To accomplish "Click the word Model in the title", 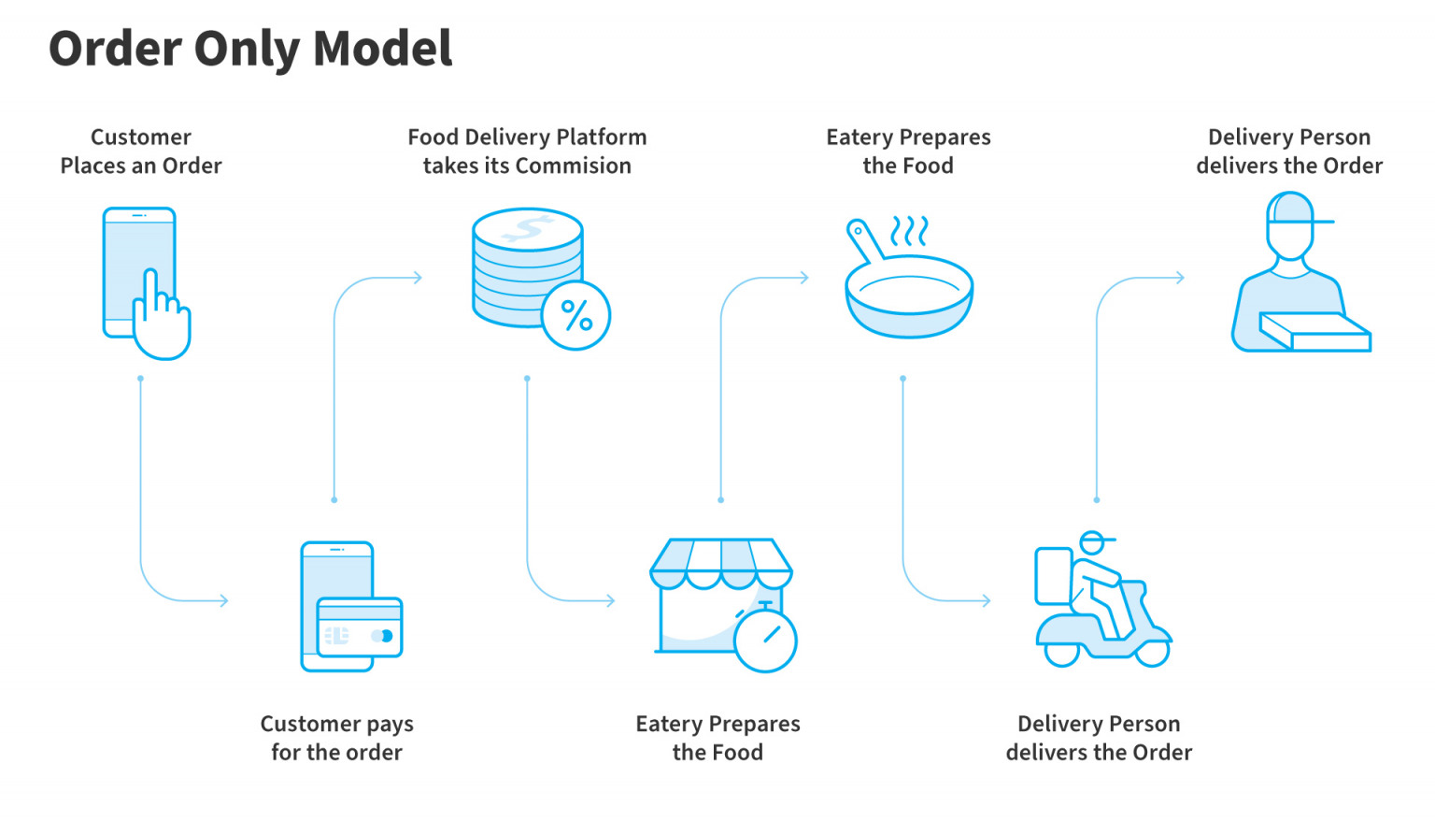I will tap(383, 49).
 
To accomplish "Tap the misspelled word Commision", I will tap(580, 166).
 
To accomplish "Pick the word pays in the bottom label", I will tap(390, 725).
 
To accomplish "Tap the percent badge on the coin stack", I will tap(575, 315).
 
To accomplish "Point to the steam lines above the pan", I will tap(909, 230).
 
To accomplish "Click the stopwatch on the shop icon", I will tap(765, 640).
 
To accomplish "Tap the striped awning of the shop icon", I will tap(720, 561).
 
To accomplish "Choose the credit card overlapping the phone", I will tap(360, 627).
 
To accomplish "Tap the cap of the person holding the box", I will tap(1294, 211).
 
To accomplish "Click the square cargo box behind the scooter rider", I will tap(1053, 576).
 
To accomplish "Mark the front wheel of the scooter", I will tap(1152, 652).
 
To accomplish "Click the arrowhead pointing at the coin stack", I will tap(418, 278).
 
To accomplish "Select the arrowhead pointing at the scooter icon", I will tap(986, 600).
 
